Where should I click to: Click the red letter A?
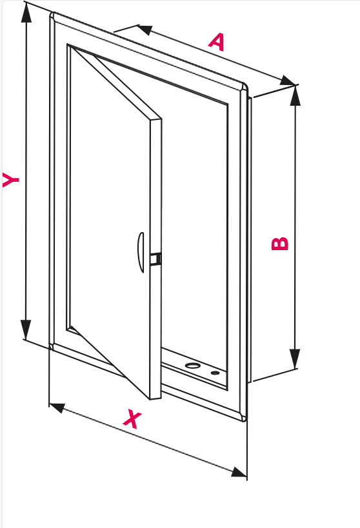tap(217, 42)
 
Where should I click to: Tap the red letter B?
tap(280, 244)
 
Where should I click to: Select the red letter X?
tap(132, 419)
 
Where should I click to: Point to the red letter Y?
tap(10, 179)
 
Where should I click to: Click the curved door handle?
tap(141, 252)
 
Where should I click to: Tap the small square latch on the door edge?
tap(155, 259)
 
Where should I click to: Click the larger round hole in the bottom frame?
tap(193, 366)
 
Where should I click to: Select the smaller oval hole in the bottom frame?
tap(215, 373)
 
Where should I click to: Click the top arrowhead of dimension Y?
tap(26, 12)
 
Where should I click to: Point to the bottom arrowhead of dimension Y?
tap(26, 329)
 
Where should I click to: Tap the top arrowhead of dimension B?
tap(295, 95)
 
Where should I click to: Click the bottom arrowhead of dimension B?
tap(295, 359)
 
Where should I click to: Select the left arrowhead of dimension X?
tap(57, 408)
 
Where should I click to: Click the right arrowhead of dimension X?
tap(239, 472)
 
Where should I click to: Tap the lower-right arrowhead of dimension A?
tap(288, 81)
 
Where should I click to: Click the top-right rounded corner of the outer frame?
tap(244, 86)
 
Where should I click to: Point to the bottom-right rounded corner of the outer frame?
tap(244, 418)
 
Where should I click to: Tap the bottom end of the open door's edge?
tap(155, 398)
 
